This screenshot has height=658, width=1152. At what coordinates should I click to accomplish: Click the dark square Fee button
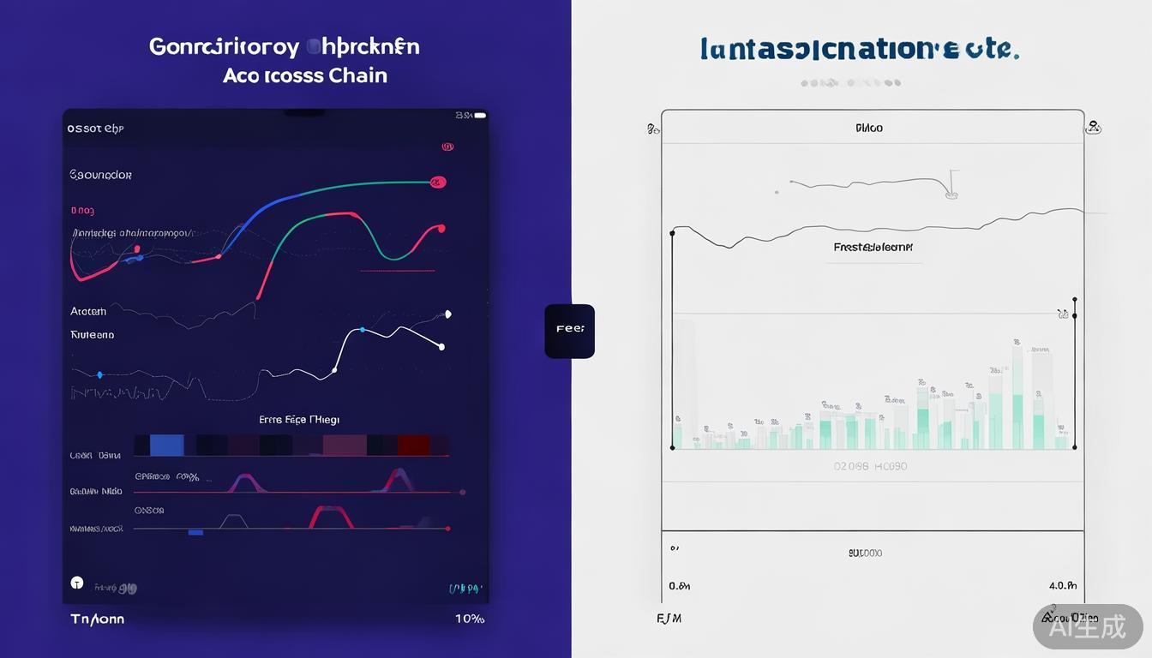(569, 331)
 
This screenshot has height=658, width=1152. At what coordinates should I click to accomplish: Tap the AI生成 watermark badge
(1088, 626)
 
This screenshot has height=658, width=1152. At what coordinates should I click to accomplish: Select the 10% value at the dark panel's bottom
(469, 619)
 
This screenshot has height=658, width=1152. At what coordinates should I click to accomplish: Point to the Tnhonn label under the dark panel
(97, 619)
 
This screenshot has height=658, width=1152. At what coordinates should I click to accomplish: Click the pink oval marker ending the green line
(437, 182)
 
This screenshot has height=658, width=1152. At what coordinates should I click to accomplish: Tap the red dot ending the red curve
(441, 229)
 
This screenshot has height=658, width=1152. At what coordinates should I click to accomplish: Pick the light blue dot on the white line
(363, 330)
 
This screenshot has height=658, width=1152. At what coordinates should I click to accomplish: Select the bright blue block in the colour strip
(166, 445)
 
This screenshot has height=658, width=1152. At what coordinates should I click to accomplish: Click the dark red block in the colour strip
(412, 445)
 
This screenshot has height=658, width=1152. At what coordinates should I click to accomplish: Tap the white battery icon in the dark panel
(480, 115)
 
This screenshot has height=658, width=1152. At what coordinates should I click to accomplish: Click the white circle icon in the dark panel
(77, 583)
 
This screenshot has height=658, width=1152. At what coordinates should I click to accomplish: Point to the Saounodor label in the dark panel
(100, 175)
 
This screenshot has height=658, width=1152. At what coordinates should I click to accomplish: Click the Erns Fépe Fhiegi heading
(299, 420)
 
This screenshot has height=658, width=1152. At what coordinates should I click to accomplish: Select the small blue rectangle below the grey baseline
(195, 532)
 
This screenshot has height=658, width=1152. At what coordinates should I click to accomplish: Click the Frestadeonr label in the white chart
(873, 247)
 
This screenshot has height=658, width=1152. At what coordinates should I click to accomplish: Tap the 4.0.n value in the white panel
(1062, 586)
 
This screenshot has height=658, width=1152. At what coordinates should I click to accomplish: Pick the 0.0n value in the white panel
(679, 586)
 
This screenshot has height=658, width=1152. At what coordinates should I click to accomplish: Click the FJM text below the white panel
(669, 618)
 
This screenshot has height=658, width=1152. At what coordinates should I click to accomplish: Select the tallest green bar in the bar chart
(1017, 420)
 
